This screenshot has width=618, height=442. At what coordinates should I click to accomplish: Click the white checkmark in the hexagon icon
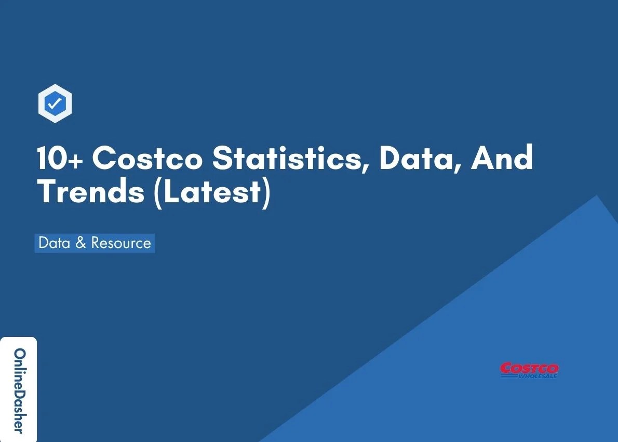click(x=55, y=105)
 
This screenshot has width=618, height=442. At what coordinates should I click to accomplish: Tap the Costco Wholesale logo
click(x=529, y=370)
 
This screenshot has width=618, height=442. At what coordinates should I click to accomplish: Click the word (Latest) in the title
click(x=212, y=191)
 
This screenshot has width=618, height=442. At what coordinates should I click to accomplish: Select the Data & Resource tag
click(x=95, y=243)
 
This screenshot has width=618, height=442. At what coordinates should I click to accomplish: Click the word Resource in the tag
click(x=121, y=243)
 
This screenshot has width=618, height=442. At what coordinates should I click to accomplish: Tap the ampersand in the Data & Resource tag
click(x=80, y=243)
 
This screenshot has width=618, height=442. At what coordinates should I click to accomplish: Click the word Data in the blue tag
click(x=55, y=243)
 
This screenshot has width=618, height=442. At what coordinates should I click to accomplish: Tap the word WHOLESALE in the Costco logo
click(x=537, y=375)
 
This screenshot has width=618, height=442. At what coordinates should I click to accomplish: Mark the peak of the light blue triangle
click(x=597, y=197)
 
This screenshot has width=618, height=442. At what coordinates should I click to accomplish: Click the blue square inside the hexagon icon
click(x=55, y=105)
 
